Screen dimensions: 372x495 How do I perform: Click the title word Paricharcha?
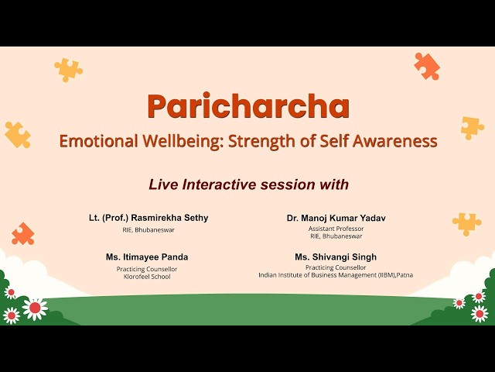247,106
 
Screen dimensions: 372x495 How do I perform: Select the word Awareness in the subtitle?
395,142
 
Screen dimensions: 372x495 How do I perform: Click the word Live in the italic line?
164,184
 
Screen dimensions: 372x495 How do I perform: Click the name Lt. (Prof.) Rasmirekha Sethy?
148,219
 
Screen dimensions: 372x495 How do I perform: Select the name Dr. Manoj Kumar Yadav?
336,219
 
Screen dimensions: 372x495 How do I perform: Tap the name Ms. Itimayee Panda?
147,257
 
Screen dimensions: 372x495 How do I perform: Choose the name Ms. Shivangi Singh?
336,257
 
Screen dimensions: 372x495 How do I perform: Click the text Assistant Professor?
336,229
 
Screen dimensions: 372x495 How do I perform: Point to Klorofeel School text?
147,275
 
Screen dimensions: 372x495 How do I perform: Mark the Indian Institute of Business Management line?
336,274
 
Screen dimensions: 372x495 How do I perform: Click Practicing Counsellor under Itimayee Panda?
147,268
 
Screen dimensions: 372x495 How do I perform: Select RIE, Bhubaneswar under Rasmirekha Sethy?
148,230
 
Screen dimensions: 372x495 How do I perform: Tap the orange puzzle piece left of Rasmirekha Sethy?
23,233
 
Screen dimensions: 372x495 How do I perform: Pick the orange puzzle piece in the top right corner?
426,66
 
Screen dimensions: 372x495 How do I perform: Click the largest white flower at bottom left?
35,308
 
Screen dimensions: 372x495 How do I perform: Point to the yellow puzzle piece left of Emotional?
17,135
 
